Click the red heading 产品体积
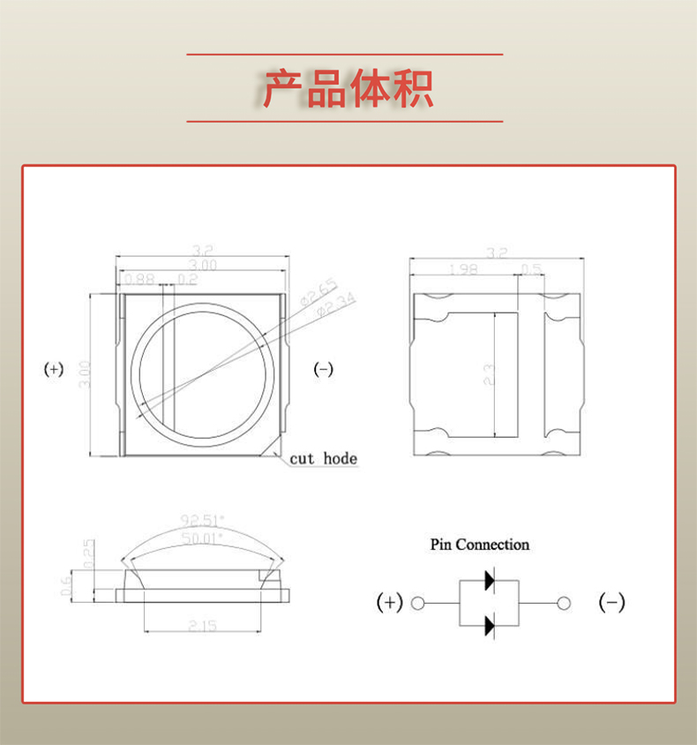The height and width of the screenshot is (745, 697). click(348, 88)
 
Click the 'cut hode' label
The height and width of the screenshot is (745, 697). click(324, 458)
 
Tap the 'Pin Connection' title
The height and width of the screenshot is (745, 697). click(480, 545)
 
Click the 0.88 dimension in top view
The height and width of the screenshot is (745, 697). click(139, 279)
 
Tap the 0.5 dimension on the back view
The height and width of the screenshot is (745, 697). click(531, 269)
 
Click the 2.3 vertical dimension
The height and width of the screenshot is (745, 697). click(488, 375)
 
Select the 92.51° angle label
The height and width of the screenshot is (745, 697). click(202, 519)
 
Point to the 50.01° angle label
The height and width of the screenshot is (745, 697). click(202, 536)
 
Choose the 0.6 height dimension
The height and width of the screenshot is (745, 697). click(66, 586)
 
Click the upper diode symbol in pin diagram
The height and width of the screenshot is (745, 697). click(488, 581)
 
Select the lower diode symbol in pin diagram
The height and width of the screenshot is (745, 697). click(488, 626)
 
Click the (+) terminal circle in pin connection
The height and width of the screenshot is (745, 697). click(418, 604)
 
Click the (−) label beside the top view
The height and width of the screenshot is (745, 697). click(324, 370)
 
